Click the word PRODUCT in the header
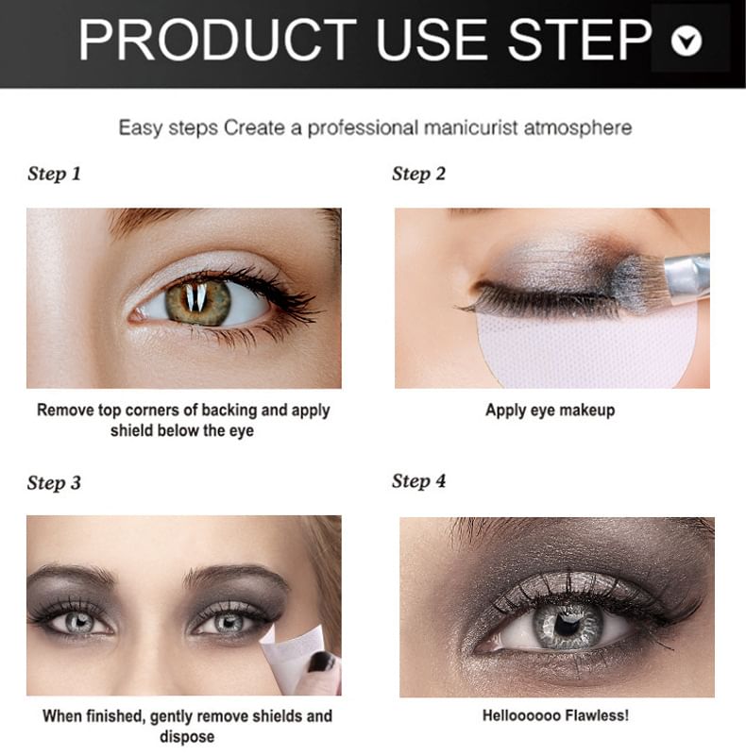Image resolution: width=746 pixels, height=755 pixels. point(217,40)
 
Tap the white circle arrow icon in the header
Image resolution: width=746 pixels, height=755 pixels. point(686,41)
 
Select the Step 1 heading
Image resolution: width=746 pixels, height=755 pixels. point(54,175)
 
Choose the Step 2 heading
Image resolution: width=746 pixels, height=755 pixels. point(418,175)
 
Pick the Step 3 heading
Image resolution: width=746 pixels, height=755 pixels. point(54,483)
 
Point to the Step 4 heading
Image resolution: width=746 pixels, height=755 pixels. point(418,481)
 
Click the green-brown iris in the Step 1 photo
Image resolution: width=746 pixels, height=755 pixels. point(198,302)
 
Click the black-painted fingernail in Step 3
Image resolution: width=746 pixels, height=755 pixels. point(321,662)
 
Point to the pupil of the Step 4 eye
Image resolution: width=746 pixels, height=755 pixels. point(563,625)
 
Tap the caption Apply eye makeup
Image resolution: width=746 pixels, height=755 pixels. point(550,411)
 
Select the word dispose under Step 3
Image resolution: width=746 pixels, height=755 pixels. point(187,737)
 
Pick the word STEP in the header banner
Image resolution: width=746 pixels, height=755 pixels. point(580,40)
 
